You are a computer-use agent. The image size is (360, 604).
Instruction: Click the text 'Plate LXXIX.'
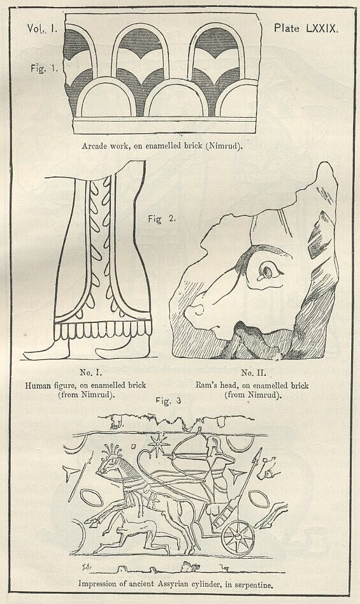(x=305, y=29)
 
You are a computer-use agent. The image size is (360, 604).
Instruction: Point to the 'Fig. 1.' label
(x=46, y=68)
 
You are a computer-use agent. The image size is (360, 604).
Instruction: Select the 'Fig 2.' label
(x=162, y=219)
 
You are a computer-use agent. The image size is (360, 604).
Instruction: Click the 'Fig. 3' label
(x=169, y=401)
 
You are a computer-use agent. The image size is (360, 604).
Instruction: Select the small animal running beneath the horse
(x=129, y=530)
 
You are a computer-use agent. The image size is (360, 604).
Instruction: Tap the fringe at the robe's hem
(x=102, y=331)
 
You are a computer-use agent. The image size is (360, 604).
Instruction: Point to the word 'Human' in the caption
(x=39, y=385)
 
